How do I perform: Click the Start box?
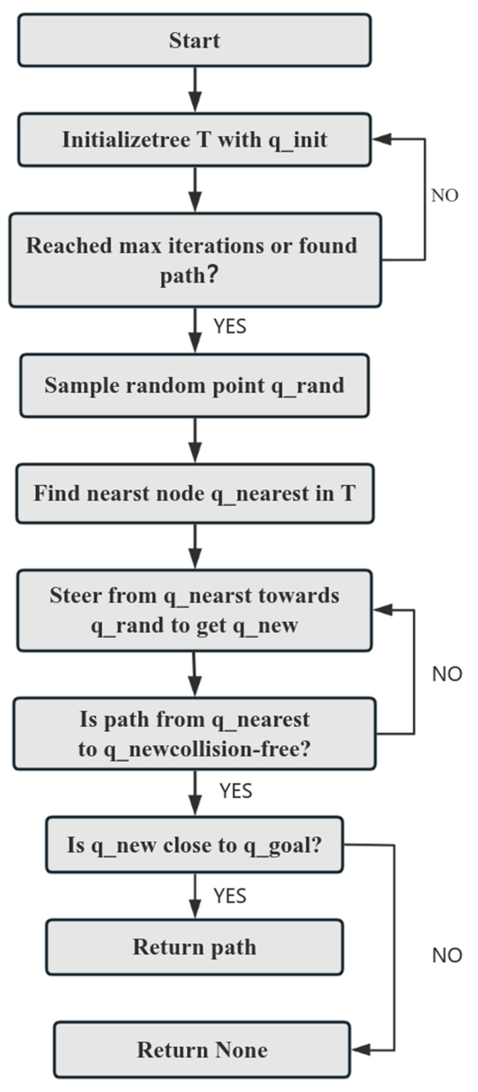point(194,40)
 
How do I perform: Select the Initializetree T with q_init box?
point(194,140)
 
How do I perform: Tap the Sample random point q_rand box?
point(194,385)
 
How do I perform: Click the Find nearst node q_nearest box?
point(194,493)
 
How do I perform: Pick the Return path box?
point(194,947)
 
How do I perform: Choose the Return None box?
point(202,1050)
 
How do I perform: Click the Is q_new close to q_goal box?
point(194,845)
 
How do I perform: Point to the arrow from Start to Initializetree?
point(195,89)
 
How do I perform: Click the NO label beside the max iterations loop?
point(444,195)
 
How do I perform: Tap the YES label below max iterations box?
point(230,326)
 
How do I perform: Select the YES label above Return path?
point(230,896)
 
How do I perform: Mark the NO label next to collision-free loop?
point(447,674)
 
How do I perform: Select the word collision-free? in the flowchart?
point(240,749)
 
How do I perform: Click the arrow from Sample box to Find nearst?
point(195,440)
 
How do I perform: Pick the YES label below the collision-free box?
point(236,791)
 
